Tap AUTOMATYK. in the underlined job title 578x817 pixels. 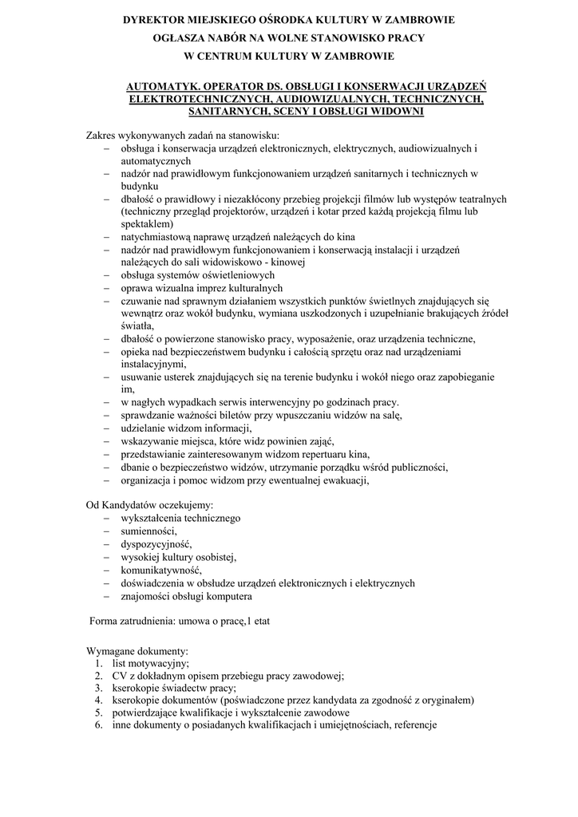[161, 85]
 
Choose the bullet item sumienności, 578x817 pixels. [148, 531]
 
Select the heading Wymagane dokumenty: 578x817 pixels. [137, 650]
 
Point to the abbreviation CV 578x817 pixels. [120, 675]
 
